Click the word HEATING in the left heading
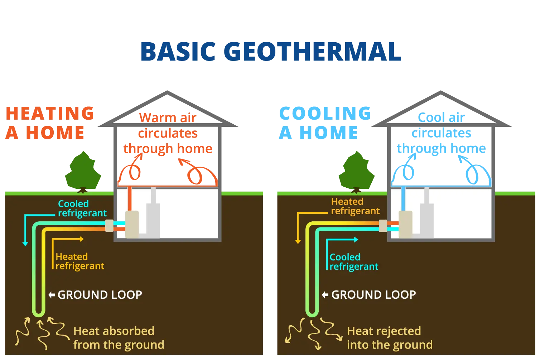[x=50, y=114]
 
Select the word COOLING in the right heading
[x=325, y=114]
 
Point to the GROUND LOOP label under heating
[x=100, y=295]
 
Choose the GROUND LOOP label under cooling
[x=373, y=295]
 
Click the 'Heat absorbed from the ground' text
[x=119, y=338]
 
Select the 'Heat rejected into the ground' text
[x=390, y=338]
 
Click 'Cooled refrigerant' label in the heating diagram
[x=82, y=208]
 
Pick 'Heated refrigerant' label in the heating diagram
[x=79, y=261]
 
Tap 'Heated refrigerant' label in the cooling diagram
[x=355, y=206]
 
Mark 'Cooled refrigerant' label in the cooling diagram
[x=353, y=262]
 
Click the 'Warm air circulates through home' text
[x=168, y=133]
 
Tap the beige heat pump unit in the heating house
[x=132, y=225]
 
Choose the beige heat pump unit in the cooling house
[x=405, y=225]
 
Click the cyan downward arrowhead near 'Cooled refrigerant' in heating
[x=25, y=244]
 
